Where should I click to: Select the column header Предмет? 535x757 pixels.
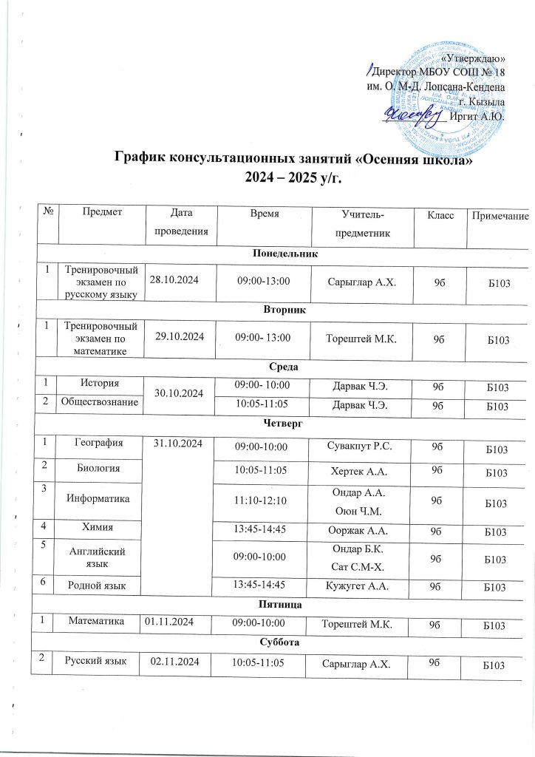tap(103, 213)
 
